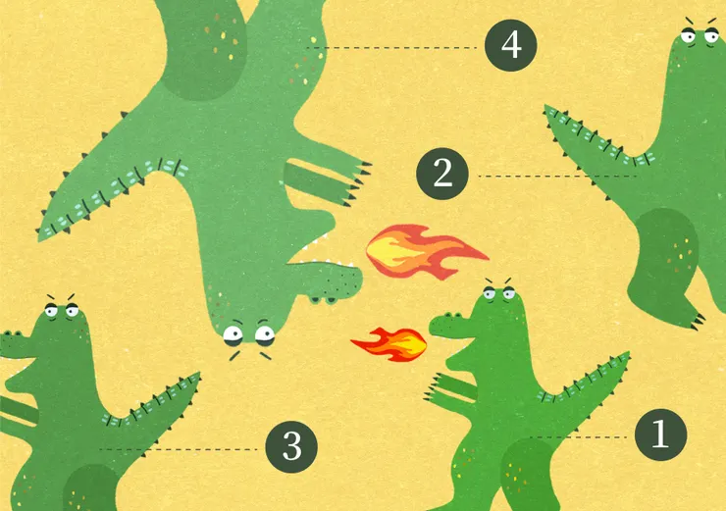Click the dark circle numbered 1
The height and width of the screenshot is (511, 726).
tap(660, 434)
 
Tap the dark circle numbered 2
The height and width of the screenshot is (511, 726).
tap(442, 174)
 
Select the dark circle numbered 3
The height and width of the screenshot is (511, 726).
tap(291, 446)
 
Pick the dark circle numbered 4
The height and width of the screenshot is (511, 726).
tap(511, 45)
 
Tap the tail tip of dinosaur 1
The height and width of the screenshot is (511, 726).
tap(628, 354)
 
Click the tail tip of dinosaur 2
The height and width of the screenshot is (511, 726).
tap(546, 107)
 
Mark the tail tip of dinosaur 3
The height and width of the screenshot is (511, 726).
tap(198, 374)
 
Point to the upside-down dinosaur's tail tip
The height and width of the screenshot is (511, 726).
tap(40, 238)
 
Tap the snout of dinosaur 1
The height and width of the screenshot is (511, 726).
tap(446, 325)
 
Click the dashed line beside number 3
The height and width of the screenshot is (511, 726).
tap(179, 449)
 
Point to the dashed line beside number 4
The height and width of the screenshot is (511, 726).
tap(391, 48)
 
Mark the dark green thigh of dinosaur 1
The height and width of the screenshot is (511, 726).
tap(528, 475)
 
